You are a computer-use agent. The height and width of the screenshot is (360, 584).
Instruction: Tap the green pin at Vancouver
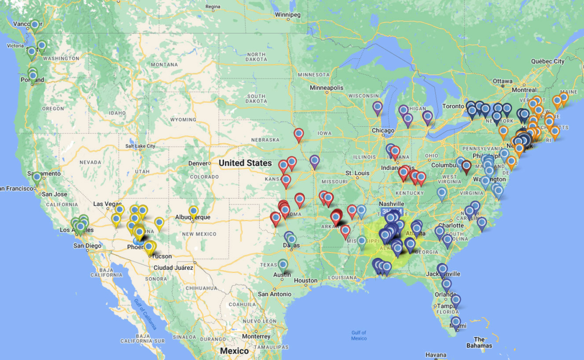pyautogui.click(x=35, y=25)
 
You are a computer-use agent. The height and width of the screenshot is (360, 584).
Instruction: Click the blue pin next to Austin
pyautogui.click(x=283, y=264)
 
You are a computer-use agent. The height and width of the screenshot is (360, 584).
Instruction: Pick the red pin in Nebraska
pyautogui.click(x=299, y=134)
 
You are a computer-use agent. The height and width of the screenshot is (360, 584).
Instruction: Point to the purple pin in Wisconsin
pyautogui.click(x=377, y=108)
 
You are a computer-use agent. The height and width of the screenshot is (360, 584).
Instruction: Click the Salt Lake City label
pyautogui.click(x=140, y=146)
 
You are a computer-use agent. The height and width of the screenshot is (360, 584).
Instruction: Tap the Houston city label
pyautogui.click(x=305, y=280)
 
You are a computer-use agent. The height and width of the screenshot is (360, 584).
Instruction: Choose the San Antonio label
pyautogui.click(x=274, y=294)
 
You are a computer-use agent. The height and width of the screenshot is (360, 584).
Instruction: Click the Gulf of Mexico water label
pyautogui.click(x=359, y=336)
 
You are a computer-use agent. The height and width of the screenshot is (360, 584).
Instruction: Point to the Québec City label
pyautogui.click(x=548, y=61)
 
